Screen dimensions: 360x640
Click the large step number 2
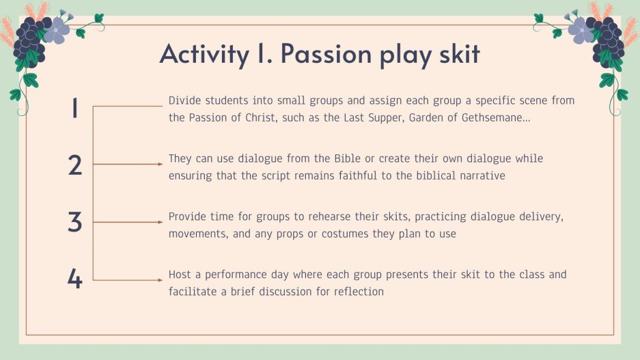tap(75, 166)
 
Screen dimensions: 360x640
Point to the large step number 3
tap(75, 223)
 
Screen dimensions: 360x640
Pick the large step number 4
tap(75, 279)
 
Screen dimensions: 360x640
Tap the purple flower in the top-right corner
tap(581, 29)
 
